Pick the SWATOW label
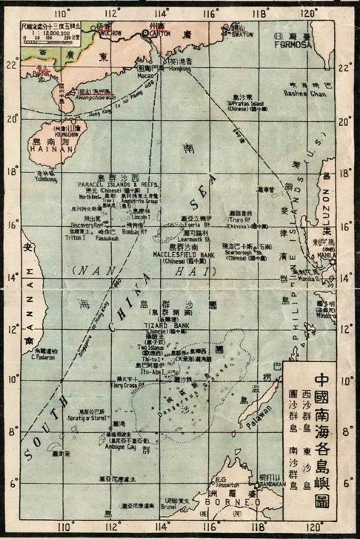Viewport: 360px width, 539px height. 247,34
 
